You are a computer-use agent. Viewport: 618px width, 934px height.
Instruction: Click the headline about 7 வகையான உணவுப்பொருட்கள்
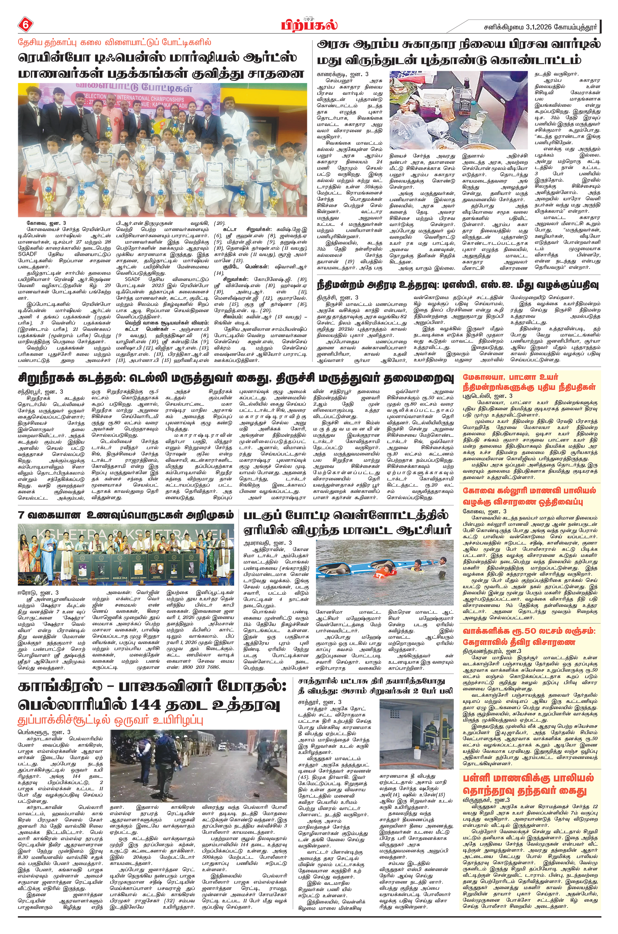tap(126, 515)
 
